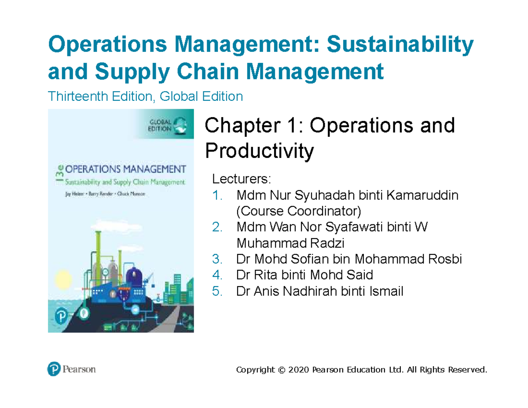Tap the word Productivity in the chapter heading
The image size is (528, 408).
[260, 152]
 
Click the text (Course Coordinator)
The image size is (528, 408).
[299, 211]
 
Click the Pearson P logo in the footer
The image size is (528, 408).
[53, 369]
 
